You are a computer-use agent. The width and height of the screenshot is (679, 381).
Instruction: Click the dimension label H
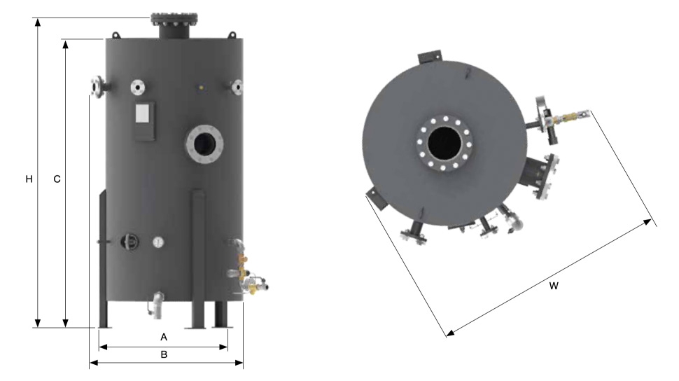[x=29, y=179]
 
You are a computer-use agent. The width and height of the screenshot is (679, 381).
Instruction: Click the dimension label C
[x=57, y=179]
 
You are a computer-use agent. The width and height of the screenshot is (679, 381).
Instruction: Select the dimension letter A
[x=164, y=337]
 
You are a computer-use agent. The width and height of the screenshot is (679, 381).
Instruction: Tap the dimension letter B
[x=164, y=354]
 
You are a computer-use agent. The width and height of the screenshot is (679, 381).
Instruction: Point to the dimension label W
[x=554, y=286]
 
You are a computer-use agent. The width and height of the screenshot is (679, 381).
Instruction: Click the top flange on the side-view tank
[x=174, y=19]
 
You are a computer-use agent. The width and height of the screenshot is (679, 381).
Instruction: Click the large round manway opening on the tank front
[x=205, y=144]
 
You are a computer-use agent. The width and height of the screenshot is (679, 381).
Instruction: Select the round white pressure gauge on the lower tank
[x=158, y=242]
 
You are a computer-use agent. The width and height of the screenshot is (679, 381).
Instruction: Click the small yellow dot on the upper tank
[x=200, y=88]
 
